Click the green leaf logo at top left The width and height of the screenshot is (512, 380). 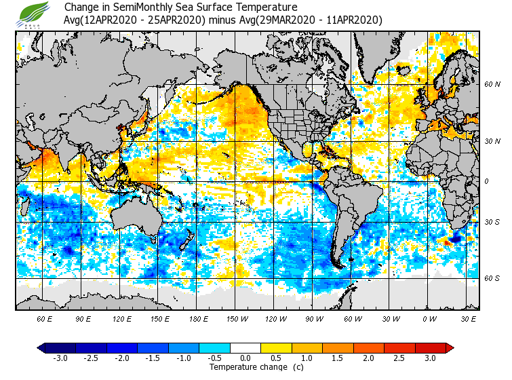tap(34, 13)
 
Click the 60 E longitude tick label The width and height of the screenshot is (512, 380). tap(45, 318)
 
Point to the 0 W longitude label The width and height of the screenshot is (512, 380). tap(429, 318)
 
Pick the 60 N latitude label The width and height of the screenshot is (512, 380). tap(492, 85)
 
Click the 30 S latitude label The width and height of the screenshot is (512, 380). tap(492, 223)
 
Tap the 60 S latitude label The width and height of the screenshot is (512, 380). tap(492, 278)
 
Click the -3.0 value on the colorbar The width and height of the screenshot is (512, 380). tap(60, 358)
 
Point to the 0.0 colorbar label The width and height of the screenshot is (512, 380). tap(245, 358)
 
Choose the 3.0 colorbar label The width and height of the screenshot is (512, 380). tap(431, 358)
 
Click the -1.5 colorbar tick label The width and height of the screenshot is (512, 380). tap(153, 358)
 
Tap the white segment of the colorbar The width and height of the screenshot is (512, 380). tap(245, 348)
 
